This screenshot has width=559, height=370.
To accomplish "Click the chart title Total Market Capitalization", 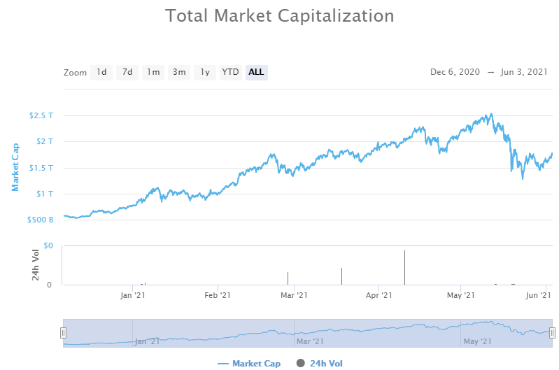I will click(x=279, y=15).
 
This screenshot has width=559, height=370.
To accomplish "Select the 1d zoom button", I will click(x=101, y=72).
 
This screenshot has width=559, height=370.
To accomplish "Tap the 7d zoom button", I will click(x=127, y=72).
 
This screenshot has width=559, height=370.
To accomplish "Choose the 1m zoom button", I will click(x=153, y=72).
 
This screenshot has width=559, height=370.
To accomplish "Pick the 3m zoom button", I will click(x=179, y=72).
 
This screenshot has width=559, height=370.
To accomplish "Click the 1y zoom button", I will click(x=205, y=72).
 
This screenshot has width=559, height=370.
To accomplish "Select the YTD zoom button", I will click(x=230, y=72).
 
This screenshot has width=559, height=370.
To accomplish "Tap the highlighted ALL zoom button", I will click(x=256, y=72).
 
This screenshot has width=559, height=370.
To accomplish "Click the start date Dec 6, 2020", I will click(x=455, y=72).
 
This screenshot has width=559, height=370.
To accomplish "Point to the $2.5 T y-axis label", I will click(x=41, y=115).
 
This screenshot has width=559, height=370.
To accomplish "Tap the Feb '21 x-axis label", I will click(x=217, y=296).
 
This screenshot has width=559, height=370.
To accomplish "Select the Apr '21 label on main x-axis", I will click(x=378, y=296).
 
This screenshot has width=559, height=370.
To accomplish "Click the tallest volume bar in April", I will click(x=404, y=268).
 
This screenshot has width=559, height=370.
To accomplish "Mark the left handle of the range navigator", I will click(x=63, y=333).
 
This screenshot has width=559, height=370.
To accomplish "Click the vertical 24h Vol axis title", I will click(x=36, y=266).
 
